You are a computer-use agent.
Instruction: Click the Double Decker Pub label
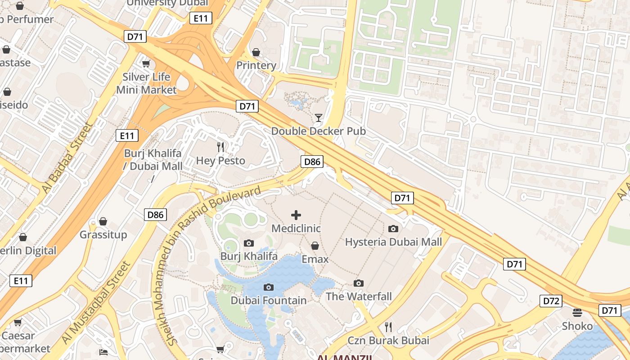318,131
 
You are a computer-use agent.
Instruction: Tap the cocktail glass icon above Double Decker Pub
319,118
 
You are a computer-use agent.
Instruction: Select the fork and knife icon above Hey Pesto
220,147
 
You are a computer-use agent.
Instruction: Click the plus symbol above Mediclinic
296,215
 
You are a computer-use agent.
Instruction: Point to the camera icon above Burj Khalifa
248,243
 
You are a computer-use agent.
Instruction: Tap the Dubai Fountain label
269,300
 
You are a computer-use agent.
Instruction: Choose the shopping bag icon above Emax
315,246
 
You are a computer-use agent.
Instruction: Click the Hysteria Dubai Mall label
393,242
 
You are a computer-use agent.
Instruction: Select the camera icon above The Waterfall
359,283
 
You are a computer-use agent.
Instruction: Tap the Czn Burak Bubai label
388,340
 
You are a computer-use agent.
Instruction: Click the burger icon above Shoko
577,312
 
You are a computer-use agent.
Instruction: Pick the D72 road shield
551,301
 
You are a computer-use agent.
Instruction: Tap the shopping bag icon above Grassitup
103,221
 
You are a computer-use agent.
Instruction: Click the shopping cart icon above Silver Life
146,64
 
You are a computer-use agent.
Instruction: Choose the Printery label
256,66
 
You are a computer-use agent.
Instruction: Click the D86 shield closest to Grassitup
156,215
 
